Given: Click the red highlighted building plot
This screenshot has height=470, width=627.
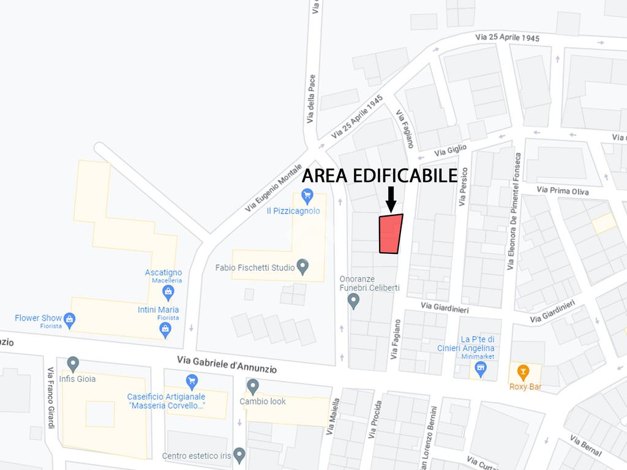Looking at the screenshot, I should click(391, 234).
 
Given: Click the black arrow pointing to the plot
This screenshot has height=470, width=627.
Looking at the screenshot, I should click(391, 198).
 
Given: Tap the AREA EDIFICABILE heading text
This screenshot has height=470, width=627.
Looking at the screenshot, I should click(380, 176).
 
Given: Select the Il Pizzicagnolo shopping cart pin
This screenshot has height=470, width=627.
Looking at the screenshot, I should click(307, 196).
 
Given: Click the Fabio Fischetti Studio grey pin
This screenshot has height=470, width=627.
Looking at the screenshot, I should click(302, 266).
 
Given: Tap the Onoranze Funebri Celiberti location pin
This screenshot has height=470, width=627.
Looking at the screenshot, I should click(353, 300).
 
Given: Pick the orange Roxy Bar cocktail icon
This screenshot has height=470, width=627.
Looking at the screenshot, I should click(523, 370).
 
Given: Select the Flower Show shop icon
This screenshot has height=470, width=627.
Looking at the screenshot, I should click(70, 318).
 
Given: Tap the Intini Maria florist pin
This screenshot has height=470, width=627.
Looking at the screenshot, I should click(165, 329).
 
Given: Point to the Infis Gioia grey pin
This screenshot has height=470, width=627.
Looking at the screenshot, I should click(73, 364).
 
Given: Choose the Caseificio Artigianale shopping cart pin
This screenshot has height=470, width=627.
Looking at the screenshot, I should click(192, 381).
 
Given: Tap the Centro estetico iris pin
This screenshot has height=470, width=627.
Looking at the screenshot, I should click(239, 455).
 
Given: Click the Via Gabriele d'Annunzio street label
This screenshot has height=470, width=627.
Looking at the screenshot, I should click(227, 365).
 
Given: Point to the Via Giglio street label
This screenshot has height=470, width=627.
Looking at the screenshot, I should click(451, 150).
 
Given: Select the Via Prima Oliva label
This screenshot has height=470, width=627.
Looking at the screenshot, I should click(563, 190).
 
